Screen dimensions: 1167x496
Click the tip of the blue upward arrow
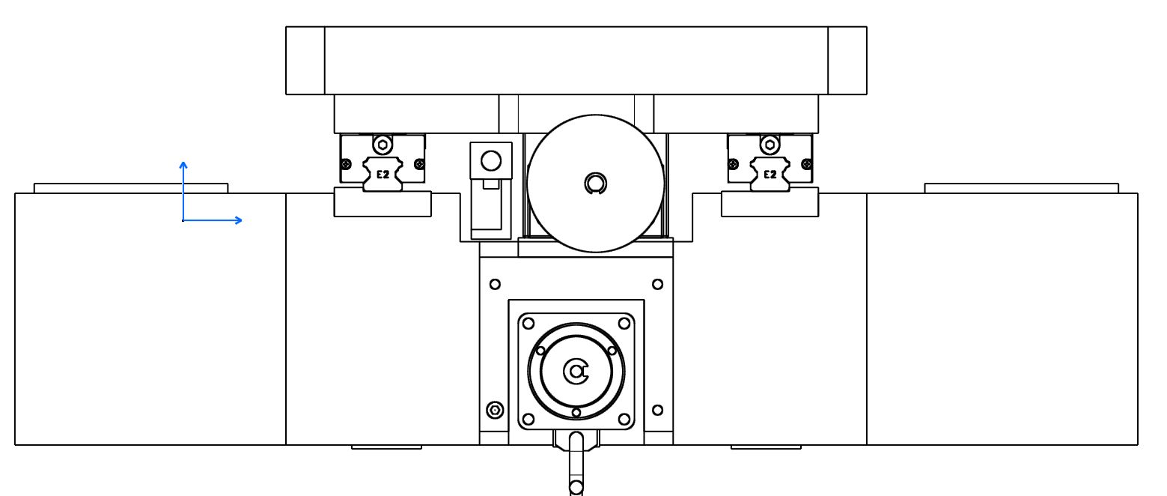pos(183,162)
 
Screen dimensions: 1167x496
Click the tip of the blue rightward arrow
pos(243,220)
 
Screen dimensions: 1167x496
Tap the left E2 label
pos(383,175)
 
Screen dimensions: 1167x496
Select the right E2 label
pos(770,175)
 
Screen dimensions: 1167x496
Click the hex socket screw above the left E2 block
pos(383,145)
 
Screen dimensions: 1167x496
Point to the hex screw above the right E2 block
pos(770,145)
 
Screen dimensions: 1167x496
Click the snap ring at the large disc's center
pos(596,184)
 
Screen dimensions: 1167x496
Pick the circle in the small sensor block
pos(491,161)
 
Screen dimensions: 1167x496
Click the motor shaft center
pos(576,372)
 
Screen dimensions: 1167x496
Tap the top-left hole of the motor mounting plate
pos(495,284)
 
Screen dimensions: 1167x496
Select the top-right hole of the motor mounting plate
pos(657,284)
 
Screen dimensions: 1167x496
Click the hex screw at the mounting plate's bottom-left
pos(495,411)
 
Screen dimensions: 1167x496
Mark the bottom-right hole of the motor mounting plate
pos(657,411)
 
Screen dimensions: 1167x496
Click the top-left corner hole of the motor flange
pos(528,324)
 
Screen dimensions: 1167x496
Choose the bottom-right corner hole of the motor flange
pos(624,420)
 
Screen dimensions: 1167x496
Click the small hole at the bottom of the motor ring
pos(576,413)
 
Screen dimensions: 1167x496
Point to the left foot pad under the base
pos(386,447)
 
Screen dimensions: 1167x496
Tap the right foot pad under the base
pos(766,447)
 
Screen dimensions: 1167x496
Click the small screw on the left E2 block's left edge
pos(346,165)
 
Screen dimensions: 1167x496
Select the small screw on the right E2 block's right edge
pos(806,165)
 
